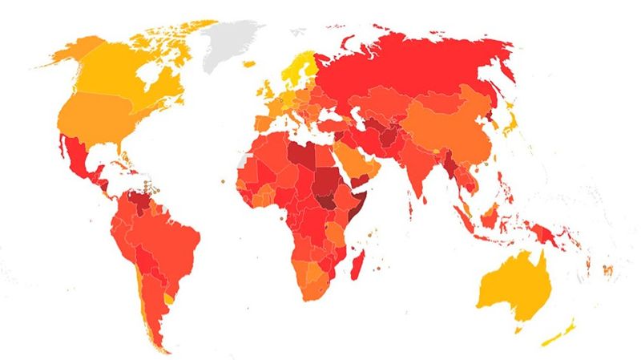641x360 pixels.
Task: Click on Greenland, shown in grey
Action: pyautogui.click(x=232, y=44)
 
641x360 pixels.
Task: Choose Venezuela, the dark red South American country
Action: pyautogui.click(x=139, y=196)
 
